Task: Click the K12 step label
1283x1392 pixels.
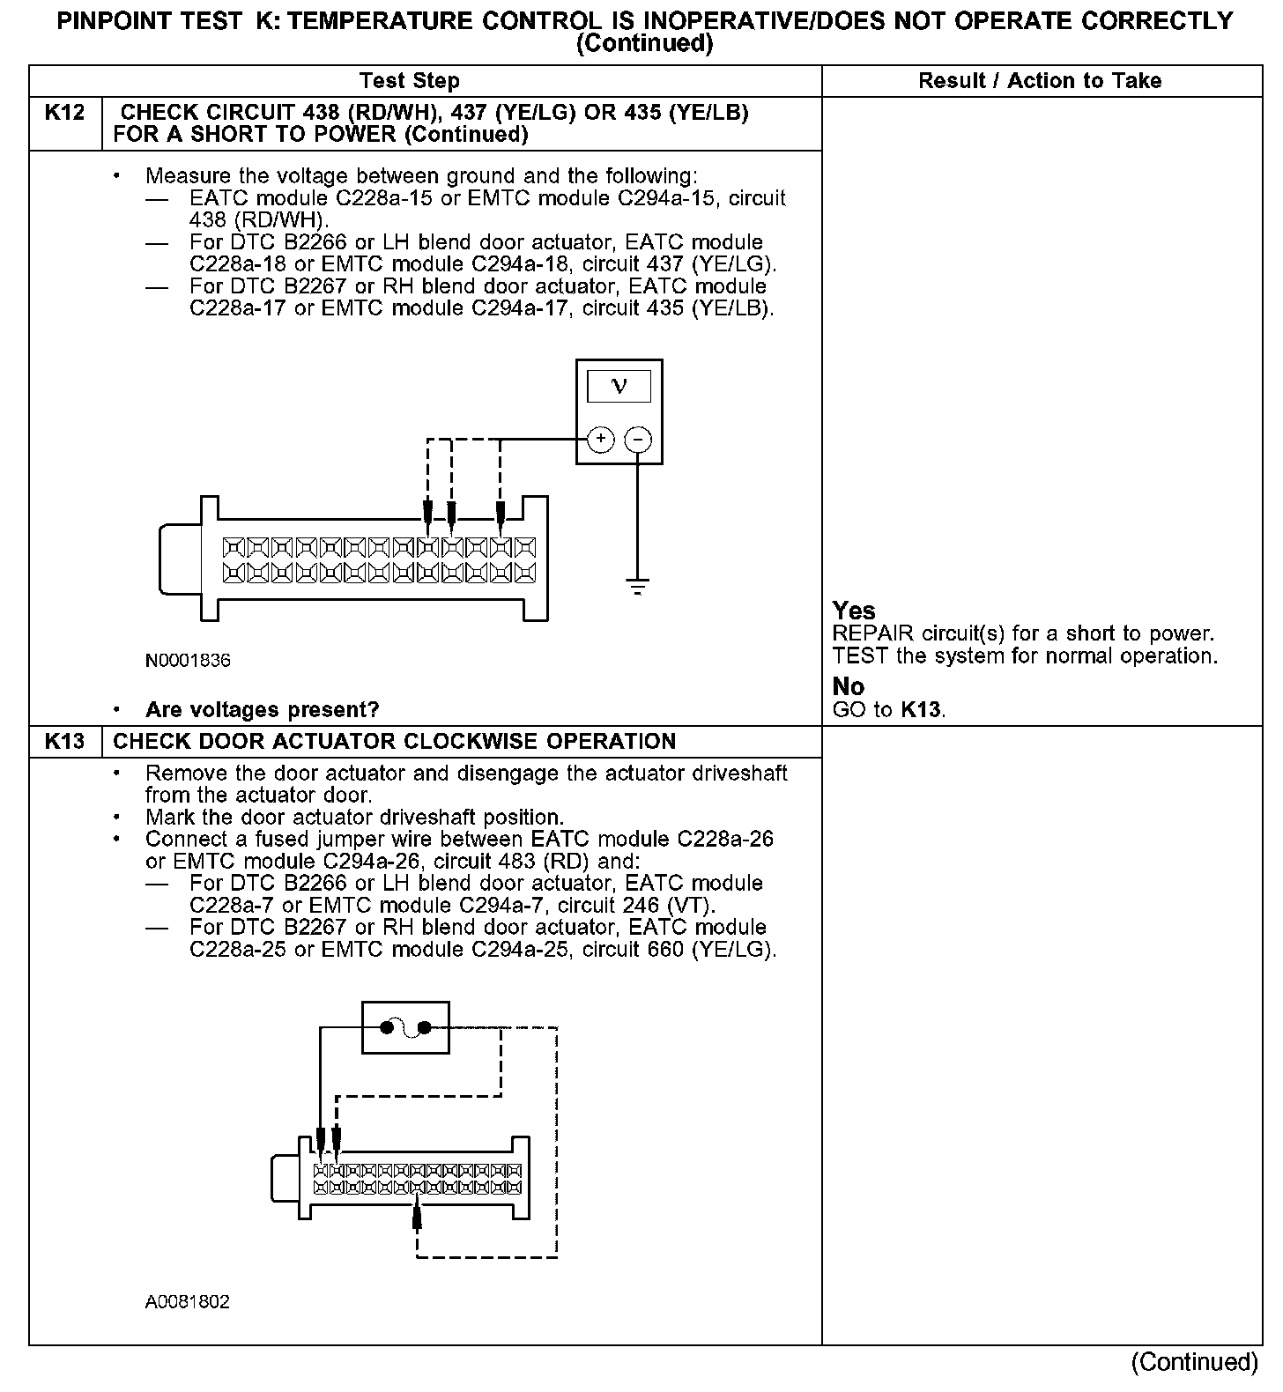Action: (65, 114)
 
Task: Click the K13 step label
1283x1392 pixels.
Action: (65, 741)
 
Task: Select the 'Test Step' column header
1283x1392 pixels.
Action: (409, 81)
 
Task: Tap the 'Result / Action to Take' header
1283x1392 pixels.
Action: (1040, 81)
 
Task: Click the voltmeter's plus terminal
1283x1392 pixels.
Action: (600, 439)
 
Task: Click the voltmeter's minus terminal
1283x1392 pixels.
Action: (638, 439)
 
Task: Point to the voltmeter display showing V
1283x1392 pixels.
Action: (619, 386)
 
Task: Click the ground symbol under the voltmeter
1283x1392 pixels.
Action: (638, 586)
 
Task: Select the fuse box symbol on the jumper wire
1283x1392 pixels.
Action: (405, 1027)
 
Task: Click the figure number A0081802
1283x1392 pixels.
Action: (188, 1301)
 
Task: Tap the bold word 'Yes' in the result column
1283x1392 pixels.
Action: (854, 611)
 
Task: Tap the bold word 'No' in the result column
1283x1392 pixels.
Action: (849, 686)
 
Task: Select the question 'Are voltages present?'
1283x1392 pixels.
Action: (262, 709)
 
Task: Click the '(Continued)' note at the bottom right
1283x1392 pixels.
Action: (1195, 1361)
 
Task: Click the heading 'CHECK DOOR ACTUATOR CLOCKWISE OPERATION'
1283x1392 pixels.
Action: (395, 741)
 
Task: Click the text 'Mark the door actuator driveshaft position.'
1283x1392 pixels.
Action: (354, 817)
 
